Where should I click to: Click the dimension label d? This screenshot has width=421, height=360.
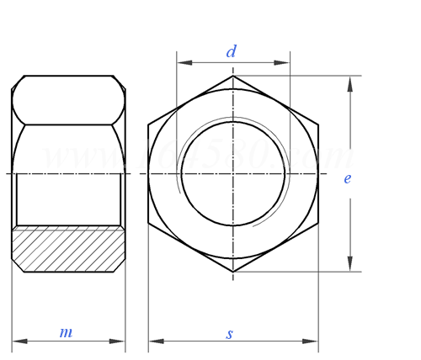click(231, 51)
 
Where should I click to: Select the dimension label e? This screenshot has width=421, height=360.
click(347, 178)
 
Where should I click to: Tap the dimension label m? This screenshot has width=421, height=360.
click(66, 332)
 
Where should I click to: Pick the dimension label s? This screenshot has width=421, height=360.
click(229, 334)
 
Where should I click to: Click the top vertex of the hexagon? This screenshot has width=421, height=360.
click(233, 76)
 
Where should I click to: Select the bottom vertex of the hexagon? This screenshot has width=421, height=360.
click(233, 272)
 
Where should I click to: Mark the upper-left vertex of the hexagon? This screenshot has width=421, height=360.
click(148, 124)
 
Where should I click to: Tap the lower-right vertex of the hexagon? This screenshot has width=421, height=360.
click(318, 223)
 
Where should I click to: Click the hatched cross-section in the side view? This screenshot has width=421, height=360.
click(67, 249)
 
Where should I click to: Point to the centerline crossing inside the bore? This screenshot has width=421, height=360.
click(233, 173)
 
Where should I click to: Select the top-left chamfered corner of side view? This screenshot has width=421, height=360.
click(17, 82)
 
